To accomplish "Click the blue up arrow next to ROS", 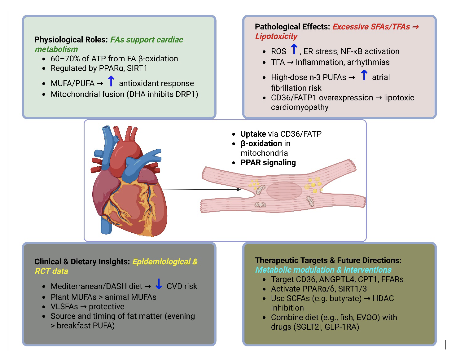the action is [x=294, y=50].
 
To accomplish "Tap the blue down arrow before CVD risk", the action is [x=159, y=284].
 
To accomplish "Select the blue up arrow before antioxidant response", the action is [x=111, y=81].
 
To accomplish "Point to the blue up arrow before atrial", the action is [x=364, y=75].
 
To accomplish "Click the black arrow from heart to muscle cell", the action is [x=201, y=189].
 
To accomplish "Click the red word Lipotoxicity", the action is [x=276, y=36].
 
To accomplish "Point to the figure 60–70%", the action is [x=66, y=59].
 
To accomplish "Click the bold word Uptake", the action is [x=253, y=134].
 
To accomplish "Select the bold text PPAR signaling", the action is [x=268, y=163].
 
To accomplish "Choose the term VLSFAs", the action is [x=64, y=307].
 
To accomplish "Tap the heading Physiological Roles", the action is [x=71, y=40].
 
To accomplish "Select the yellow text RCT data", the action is [x=51, y=271].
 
